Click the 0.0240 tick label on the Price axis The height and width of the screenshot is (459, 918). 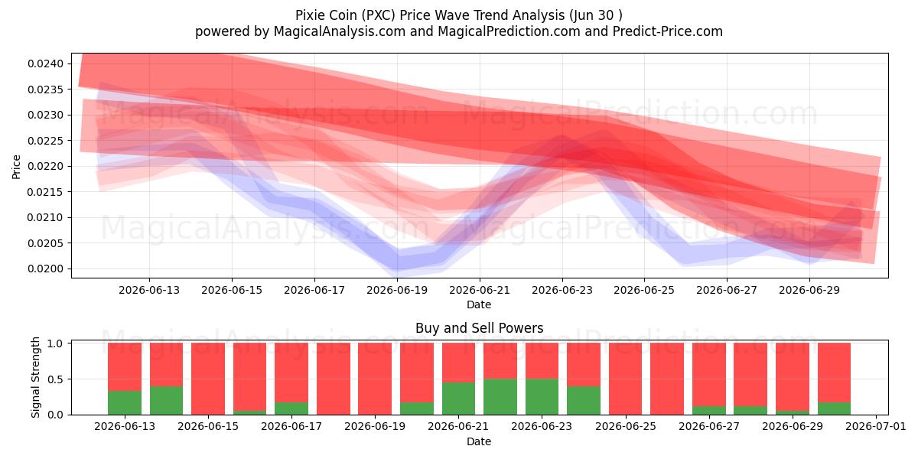(x=45, y=63)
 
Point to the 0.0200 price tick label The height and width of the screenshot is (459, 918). (x=45, y=269)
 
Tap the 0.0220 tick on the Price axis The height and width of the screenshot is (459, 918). (x=45, y=167)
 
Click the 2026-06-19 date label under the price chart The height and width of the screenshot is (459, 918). (x=397, y=290)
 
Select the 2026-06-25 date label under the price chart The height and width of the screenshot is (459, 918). (x=644, y=290)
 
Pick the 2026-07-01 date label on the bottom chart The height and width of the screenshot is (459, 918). (x=876, y=426)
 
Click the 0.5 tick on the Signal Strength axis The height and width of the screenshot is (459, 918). (x=55, y=379)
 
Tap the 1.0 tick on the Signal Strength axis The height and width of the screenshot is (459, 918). (x=55, y=343)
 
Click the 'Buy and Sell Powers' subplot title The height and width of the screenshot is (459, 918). (x=479, y=328)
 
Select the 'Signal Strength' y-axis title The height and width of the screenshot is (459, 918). (x=36, y=377)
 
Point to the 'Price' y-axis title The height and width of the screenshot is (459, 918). (x=16, y=167)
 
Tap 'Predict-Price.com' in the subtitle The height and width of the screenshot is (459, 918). (x=668, y=31)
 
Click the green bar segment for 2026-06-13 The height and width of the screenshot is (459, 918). (x=125, y=403)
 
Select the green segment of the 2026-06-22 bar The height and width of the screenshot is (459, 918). (x=500, y=397)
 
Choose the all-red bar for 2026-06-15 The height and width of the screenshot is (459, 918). (x=208, y=379)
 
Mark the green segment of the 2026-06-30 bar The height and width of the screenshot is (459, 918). (x=834, y=409)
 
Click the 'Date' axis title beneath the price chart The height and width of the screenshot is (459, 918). (x=479, y=304)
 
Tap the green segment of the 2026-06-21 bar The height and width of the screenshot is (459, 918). (x=458, y=399)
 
